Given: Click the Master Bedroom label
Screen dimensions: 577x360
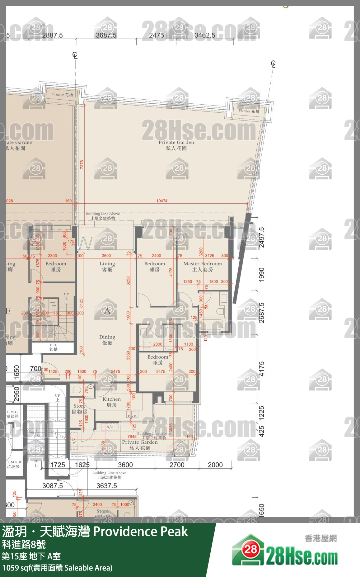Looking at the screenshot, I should [203, 266].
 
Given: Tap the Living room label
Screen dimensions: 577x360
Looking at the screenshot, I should [107, 266].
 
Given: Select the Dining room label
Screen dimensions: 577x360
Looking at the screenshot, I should [107, 340].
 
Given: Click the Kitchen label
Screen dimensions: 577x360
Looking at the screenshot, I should [112, 402].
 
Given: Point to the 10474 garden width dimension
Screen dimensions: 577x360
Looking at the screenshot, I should [162, 201].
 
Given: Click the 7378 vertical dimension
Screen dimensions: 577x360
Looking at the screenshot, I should [82, 164].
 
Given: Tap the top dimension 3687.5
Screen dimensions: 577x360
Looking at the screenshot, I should [106, 35].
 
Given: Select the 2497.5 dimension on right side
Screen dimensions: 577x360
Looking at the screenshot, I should [262, 237].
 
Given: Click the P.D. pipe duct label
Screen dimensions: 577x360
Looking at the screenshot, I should [54, 347].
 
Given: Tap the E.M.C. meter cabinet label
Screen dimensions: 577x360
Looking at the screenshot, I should [12, 414].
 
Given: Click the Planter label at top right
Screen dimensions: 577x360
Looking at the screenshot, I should [249, 111].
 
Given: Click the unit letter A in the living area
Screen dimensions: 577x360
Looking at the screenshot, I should [107, 310].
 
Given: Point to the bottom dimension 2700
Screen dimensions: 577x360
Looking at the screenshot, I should [177, 465].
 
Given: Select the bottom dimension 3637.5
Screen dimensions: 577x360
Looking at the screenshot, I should [106, 486].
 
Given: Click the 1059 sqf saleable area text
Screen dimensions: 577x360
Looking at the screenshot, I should [57, 568].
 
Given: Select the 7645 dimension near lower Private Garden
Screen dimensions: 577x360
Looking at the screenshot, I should [132, 437].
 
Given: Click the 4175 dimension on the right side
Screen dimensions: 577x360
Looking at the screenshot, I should [262, 369].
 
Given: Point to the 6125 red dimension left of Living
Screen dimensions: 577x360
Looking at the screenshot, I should [81, 303].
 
